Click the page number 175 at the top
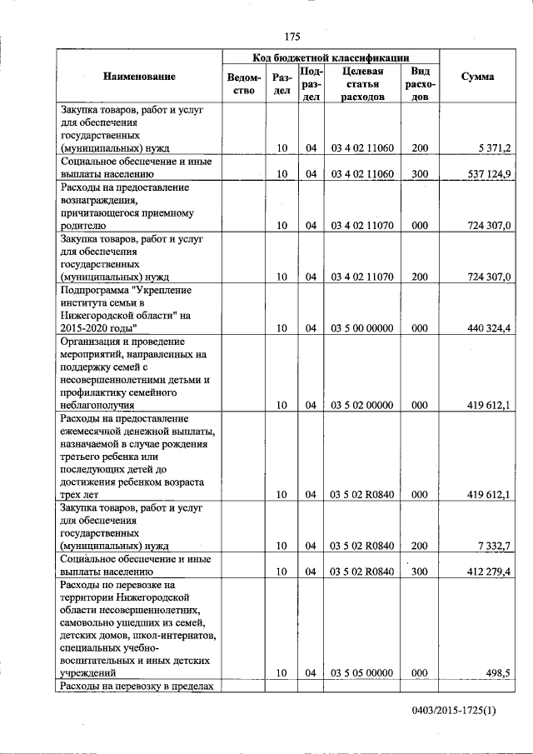[291, 36]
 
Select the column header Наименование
[139, 77]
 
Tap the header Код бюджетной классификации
[331, 57]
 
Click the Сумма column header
[477, 77]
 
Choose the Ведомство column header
[241, 84]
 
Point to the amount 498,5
[498, 673]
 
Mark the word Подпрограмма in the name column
[95, 289]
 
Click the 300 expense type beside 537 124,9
[420, 174]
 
